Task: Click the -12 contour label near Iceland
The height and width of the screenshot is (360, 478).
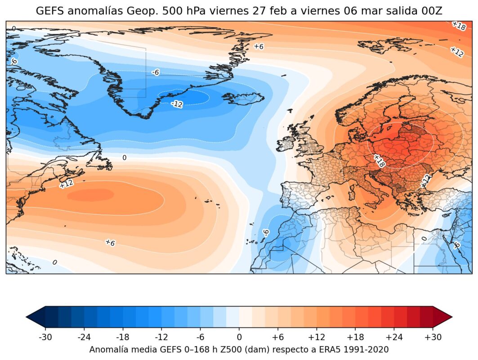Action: [177, 104]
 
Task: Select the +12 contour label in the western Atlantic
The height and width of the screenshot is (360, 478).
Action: [66, 183]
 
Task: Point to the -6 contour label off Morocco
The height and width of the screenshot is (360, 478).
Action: [266, 232]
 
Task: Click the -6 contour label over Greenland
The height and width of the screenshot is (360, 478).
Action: [156, 72]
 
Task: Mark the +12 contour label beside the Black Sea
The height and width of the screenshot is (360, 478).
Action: [425, 181]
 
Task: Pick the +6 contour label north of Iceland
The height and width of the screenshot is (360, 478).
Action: [259, 46]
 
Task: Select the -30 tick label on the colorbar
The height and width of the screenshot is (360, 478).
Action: [45, 337]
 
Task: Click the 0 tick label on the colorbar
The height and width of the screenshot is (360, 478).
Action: [239, 337]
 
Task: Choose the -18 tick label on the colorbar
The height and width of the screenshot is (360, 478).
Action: [123, 337]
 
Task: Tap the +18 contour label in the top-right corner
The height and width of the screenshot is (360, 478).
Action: [458, 26]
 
